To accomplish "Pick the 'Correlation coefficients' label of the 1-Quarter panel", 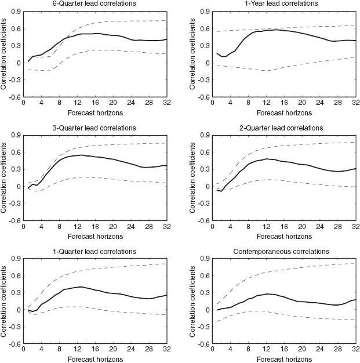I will pyautogui.click(x=5, y=301).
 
